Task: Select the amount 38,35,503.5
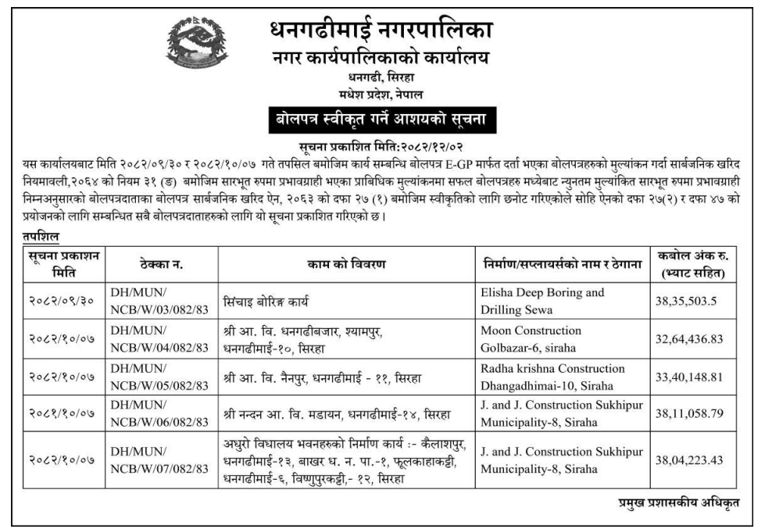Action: click(x=685, y=302)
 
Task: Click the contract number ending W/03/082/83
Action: click(x=159, y=302)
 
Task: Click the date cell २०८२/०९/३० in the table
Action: click(x=60, y=302)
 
